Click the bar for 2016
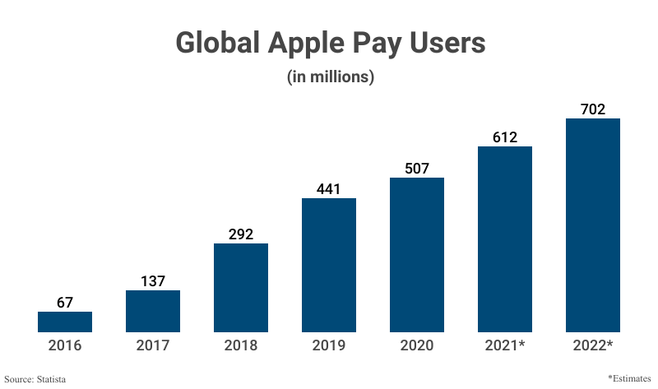point(65,322)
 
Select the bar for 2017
point(153,311)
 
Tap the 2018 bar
point(241,288)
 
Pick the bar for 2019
point(329,265)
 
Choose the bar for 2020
point(417,255)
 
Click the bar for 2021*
point(505,239)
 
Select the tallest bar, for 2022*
point(593,225)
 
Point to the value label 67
point(65,302)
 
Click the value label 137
point(153,280)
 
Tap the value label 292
point(241,234)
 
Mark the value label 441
point(329,188)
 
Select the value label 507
point(417,168)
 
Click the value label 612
point(505,137)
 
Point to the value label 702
point(593,109)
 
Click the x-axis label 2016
point(65,345)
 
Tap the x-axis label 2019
point(329,345)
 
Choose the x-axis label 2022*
point(593,345)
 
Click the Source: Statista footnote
point(35,379)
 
